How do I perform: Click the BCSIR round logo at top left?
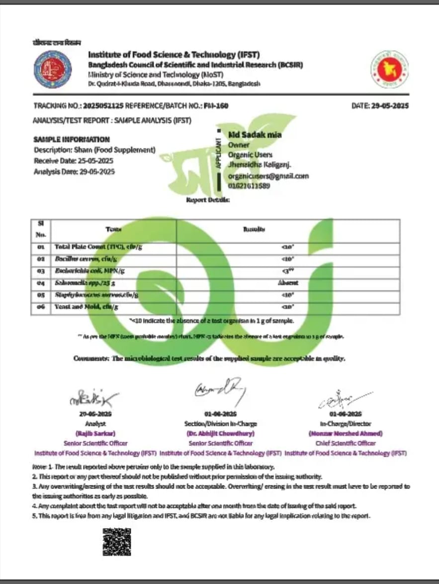[52, 69]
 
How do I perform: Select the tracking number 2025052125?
[103, 105]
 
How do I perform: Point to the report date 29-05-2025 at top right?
[390, 105]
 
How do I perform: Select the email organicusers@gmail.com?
[268, 176]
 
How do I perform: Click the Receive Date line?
[74, 161]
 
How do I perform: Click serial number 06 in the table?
[41, 307]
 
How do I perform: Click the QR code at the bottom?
[117, 541]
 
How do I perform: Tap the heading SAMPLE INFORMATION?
[72, 140]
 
